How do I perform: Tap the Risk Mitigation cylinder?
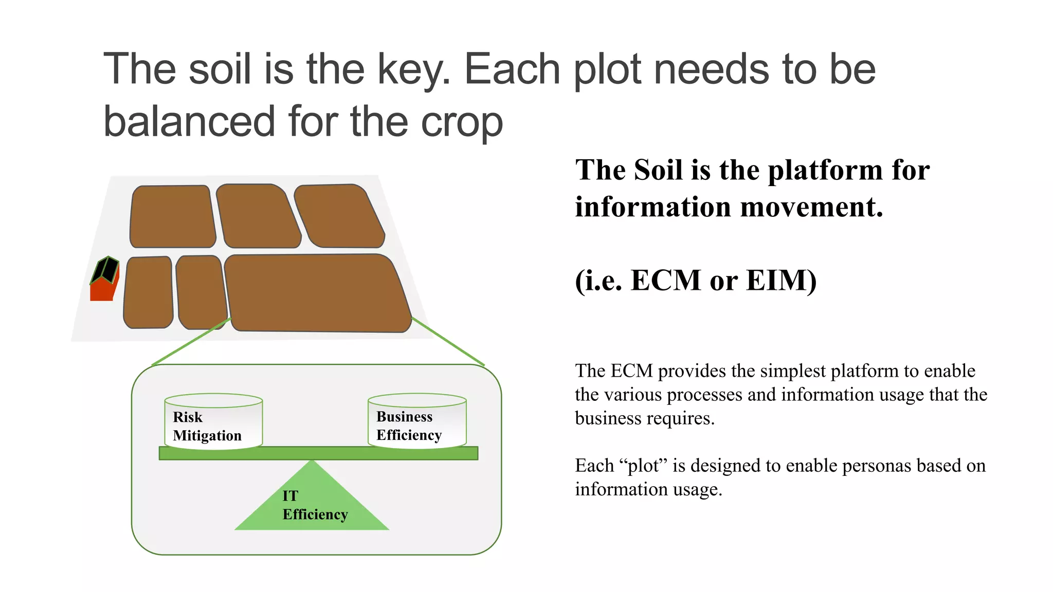(x=213, y=422)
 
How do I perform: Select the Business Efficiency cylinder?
(x=417, y=421)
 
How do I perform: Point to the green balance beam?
(x=318, y=453)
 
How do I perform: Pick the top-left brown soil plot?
(x=172, y=216)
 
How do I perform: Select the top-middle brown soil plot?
(x=258, y=216)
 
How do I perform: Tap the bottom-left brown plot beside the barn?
(x=149, y=292)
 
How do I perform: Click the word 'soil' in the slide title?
(x=220, y=69)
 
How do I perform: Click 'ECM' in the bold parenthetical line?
(x=666, y=281)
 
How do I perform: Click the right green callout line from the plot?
(x=448, y=341)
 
